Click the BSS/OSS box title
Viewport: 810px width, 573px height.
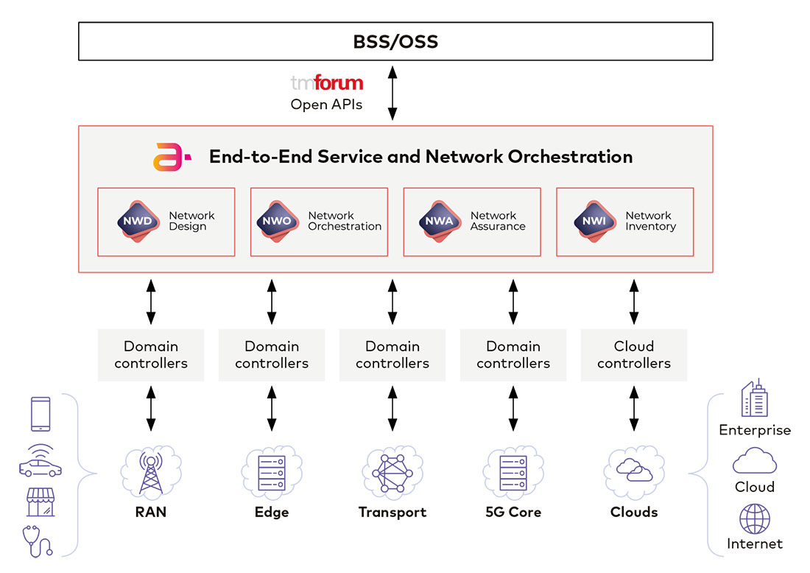(x=395, y=41)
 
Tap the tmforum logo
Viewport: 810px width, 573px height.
(x=327, y=83)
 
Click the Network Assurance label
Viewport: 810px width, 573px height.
(x=498, y=221)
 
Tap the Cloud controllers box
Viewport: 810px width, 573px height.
(x=634, y=354)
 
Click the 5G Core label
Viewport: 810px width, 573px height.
(x=513, y=512)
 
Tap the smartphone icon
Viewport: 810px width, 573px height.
(x=40, y=413)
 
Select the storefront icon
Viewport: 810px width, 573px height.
(x=40, y=502)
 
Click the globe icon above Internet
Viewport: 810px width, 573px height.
(x=754, y=518)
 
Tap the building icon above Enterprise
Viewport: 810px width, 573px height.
(x=754, y=399)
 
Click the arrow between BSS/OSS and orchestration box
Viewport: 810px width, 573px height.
(x=392, y=93)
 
